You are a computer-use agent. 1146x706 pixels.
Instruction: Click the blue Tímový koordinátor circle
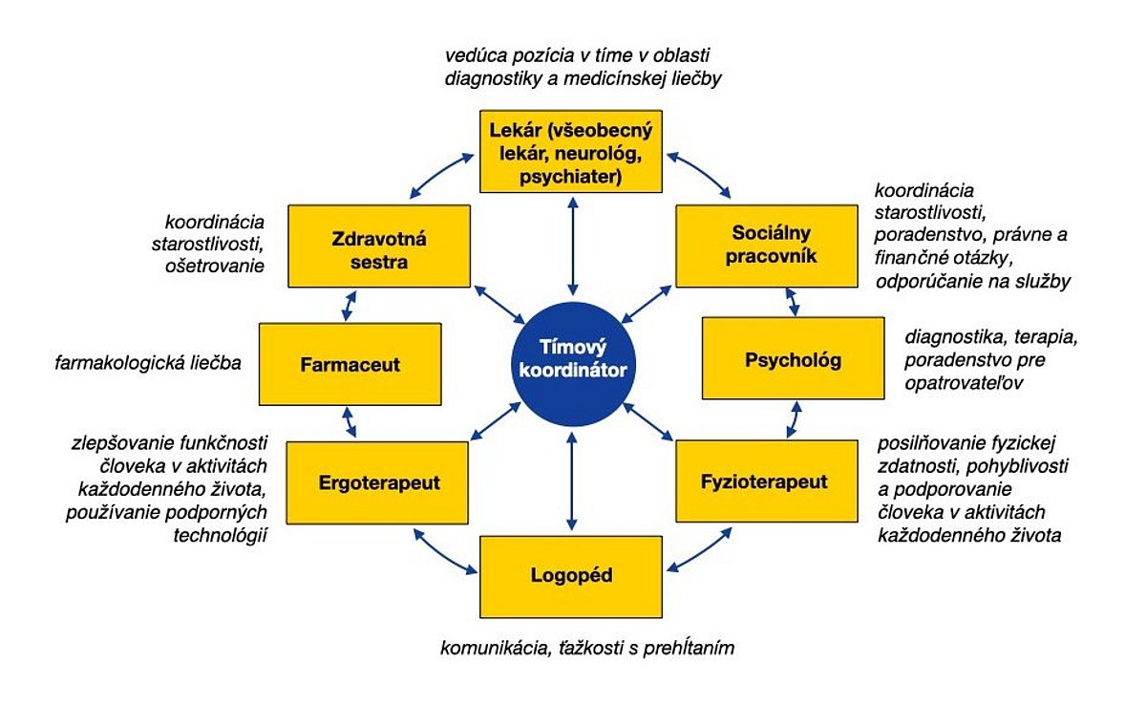[x=573, y=364]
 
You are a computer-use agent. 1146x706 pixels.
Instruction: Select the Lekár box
[x=571, y=152]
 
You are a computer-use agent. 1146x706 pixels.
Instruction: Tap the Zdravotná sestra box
[x=379, y=246]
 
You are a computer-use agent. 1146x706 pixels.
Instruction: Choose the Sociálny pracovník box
[x=767, y=246]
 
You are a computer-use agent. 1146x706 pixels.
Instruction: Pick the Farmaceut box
[x=350, y=364]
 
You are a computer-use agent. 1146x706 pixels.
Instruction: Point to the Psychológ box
[x=794, y=358]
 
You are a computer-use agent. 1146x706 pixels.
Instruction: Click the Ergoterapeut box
[x=377, y=482]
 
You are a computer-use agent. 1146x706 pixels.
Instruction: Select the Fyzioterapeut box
[x=767, y=481]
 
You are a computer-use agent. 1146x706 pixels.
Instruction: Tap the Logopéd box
[x=571, y=577]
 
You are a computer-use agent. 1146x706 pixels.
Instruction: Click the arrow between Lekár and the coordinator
[x=573, y=246]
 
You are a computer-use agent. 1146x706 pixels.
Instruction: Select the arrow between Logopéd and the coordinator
[x=572, y=481]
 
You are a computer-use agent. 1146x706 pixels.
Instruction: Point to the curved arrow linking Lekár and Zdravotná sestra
[x=439, y=173]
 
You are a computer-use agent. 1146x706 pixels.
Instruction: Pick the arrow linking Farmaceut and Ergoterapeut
[x=350, y=422]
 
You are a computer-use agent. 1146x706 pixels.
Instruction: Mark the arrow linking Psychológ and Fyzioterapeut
[x=795, y=419]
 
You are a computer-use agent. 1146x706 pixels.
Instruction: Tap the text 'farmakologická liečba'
[x=148, y=363]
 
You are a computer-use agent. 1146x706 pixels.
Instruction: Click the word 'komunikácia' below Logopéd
[x=496, y=648]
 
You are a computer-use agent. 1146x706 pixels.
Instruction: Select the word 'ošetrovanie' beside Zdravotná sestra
[x=215, y=266]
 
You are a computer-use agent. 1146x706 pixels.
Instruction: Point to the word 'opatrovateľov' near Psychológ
[x=964, y=383]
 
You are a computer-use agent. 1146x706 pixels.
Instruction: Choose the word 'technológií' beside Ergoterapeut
[x=221, y=536]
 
